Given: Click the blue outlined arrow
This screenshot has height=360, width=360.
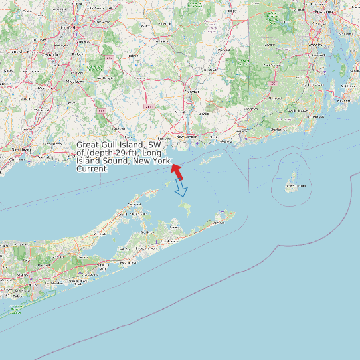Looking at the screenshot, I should coord(181,189).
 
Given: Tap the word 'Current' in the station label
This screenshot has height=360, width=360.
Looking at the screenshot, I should coord(91,169).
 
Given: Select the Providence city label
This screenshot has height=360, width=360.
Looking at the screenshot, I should coord(325,12).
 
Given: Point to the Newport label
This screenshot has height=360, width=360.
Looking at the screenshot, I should coord(344,100).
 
